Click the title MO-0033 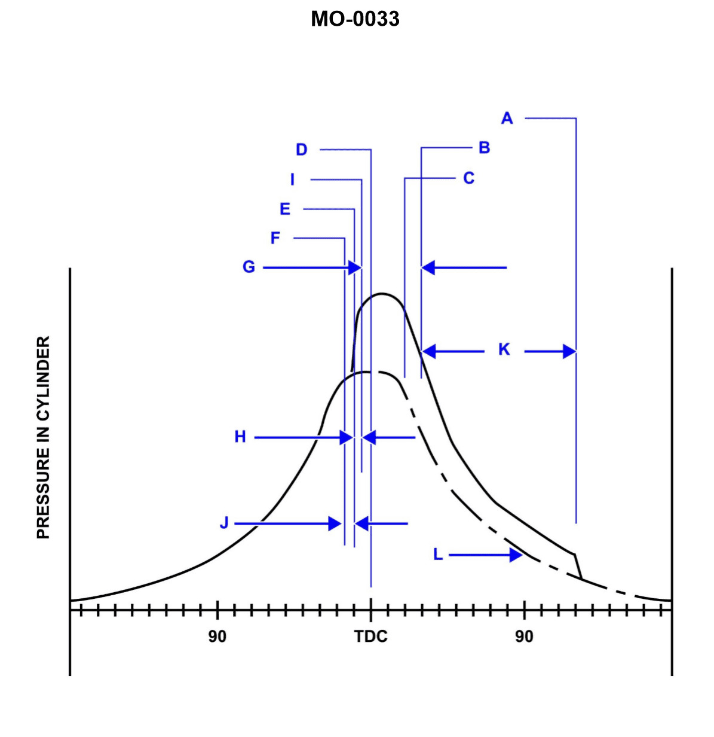click(x=355, y=19)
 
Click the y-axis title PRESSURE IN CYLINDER click(x=44, y=437)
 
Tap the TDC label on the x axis click(x=370, y=636)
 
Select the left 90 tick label click(x=217, y=636)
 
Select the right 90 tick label click(x=524, y=636)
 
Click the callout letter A click(x=507, y=118)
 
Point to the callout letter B click(x=485, y=148)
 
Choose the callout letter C click(x=469, y=178)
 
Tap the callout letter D click(x=302, y=150)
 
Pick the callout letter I click(x=293, y=179)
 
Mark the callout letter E click(x=285, y=209)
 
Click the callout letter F click(x=275, y=238)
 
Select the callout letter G click(x=249, y=267)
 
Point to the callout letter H click(x=240, y=437)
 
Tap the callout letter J click(x=224, y=523)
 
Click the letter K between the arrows click(x=504, y=349)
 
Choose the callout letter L click(x=438, y=555)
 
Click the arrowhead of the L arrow click(x=517, y=555)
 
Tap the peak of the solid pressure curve click(x=382, y=294)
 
